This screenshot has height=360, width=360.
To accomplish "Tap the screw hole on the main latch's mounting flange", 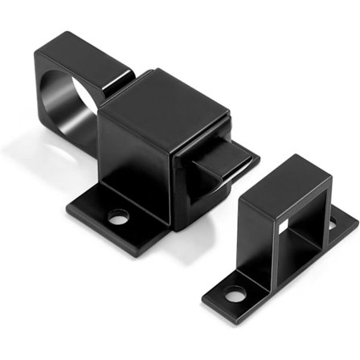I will point(118,217).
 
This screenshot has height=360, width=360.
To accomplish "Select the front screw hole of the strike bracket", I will point(235,295).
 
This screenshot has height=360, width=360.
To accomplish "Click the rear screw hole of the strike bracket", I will point(332,224).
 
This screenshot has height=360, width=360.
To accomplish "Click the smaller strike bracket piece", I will point(277,233).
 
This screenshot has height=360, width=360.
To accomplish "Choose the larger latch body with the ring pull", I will point(145,137).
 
